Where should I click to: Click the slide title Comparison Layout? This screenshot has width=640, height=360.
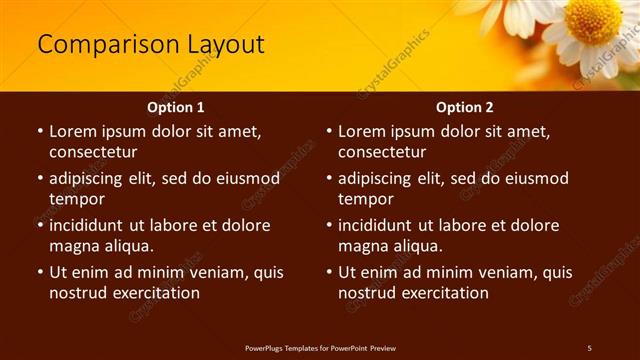click(151, 45)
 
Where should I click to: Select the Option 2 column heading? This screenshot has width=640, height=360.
click(464, 107)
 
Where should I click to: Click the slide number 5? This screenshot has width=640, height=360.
click(589, 347)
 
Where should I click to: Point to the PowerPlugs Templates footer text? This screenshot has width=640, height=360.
click(320, 347)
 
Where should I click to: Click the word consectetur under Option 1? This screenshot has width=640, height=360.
click(93, 152)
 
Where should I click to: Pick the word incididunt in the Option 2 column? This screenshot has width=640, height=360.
click(379, 225)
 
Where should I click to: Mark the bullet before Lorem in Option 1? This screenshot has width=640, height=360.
click(39, 131)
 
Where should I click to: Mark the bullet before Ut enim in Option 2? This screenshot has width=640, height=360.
click(328, 272)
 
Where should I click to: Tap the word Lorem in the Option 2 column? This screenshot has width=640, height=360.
click(361, 131)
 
